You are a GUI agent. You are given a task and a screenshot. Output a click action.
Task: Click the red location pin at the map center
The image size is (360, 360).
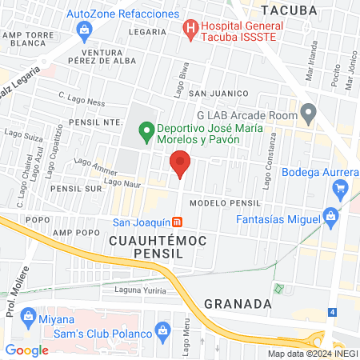[181, 163]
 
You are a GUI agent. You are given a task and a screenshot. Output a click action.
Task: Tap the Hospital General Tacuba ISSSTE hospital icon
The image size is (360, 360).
[190, 30]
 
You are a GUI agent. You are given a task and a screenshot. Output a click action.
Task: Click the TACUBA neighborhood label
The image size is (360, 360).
[289, 10]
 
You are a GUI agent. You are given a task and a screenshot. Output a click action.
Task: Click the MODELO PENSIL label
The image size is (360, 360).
[226, 203]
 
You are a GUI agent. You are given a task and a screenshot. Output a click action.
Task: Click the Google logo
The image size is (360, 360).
[27, 350]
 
